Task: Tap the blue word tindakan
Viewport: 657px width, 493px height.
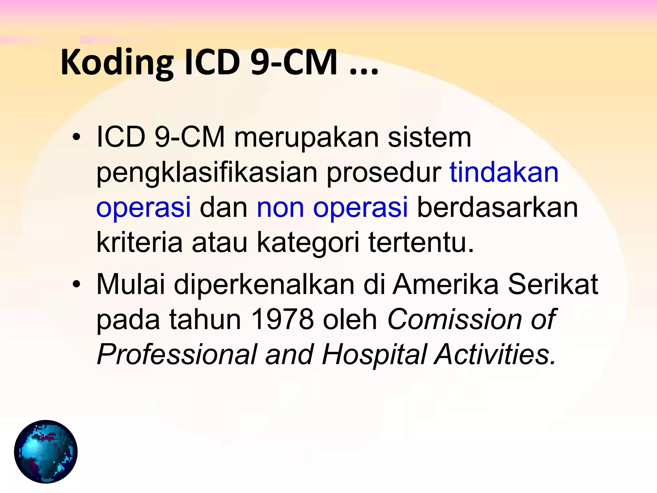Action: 504,173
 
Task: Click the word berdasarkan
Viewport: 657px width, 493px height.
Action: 497,208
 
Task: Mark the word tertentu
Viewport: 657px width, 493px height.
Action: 421,243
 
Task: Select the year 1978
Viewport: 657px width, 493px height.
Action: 282,320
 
